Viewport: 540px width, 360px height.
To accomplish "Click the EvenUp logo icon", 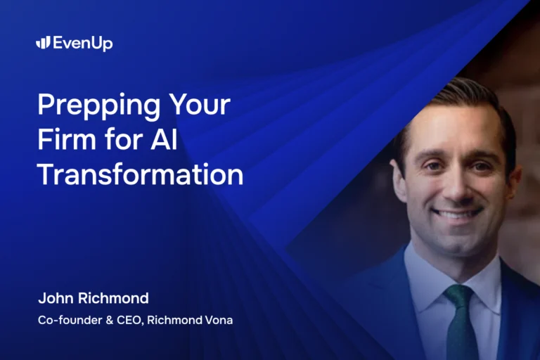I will pos(43,43).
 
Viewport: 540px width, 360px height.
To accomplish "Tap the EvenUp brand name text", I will pos(82,44).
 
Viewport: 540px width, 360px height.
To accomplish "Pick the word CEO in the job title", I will pos(127,319).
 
